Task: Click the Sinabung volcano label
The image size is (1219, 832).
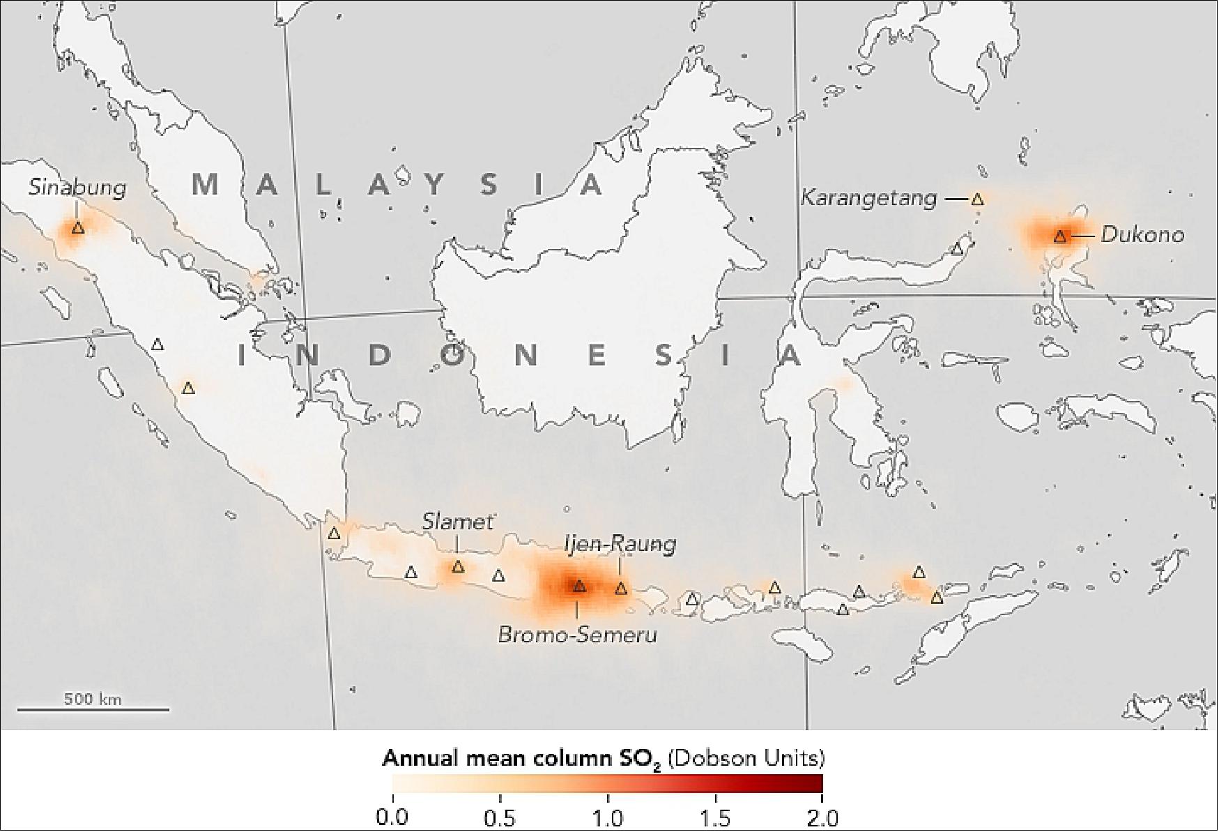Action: pyautogui.click(x=77, y=187)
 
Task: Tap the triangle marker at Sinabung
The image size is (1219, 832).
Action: pyautogui.click(x=77, y=227)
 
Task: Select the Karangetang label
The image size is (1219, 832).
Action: pyautogui.click(x=868, y=198)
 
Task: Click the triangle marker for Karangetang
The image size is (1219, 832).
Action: pyautogui.click(x=977, y=199)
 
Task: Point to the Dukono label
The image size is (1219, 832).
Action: pyautogui.click(x=1142, y=235)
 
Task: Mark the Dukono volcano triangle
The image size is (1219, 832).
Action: pyautogui.click(x=1059, y=236)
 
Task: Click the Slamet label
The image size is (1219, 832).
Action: pyautogui.click(x=457, y=522)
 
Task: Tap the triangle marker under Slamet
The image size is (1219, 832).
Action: pyautogui.click(x=457, y=567)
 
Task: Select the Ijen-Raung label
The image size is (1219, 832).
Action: pyautogui.click(x=620, y=544)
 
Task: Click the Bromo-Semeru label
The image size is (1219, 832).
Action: pyautogui.click(x=577, y=635)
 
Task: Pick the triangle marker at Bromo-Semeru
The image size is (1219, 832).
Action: pyautogui.click(x=578, y=587)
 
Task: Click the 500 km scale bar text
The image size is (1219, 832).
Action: pyautogui.click(x=93, y=699)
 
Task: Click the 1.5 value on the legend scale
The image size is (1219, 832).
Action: pyautogui.click(x=715, y=817)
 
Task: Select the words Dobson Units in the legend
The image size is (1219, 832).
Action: pyautogui.click(x=746, y=758)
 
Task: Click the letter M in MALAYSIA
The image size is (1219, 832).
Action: pyautogui.click(x=206, y=185)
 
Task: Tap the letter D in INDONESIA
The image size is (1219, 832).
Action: pyautogui.click(x=381, y=356)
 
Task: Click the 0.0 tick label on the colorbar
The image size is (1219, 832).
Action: pyautogui.click(x=392, y=817)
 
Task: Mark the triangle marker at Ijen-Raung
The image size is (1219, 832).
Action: pyautogui.click(x=620, y=589)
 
